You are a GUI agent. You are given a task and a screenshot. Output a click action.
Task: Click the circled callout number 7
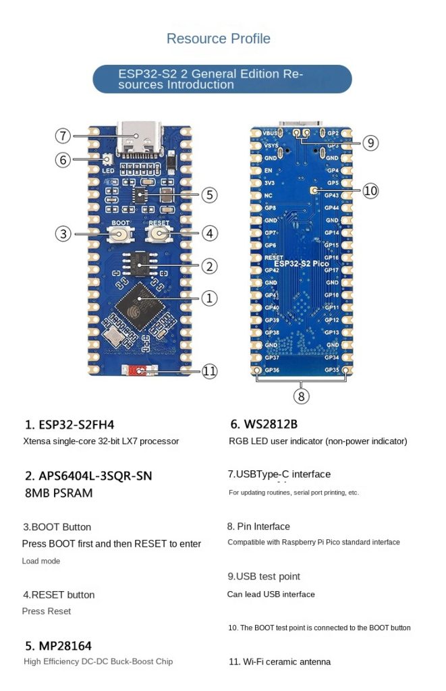tap(63, 136)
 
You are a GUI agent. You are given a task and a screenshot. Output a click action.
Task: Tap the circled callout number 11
tap(210, 370)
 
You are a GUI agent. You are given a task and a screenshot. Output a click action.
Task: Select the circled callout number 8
tap(302, 396)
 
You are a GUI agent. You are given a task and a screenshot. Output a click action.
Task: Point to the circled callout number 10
tap(370, 191)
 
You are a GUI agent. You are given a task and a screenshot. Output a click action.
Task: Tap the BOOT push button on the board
tap(121, 234)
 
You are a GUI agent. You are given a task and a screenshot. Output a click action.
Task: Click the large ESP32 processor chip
tap(141, 306)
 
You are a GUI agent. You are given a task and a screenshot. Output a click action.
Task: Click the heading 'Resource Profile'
tap(218, 38)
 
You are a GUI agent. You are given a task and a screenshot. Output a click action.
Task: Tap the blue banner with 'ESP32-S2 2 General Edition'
tap(222, 79)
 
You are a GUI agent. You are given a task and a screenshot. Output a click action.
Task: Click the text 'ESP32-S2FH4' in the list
tap(69, 424)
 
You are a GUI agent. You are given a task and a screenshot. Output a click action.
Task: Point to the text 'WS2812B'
tap(264, 424)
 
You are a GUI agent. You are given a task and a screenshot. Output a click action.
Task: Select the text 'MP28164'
tap(58, 646)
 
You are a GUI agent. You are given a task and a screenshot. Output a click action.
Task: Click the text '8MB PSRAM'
tap(59, 493)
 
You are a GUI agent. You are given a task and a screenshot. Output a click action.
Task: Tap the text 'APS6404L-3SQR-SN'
tap(88, 475)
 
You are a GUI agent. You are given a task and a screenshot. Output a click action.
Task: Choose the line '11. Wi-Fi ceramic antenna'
tap(279, 661)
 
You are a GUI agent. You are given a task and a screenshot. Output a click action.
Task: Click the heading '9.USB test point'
tap(264, 576)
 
